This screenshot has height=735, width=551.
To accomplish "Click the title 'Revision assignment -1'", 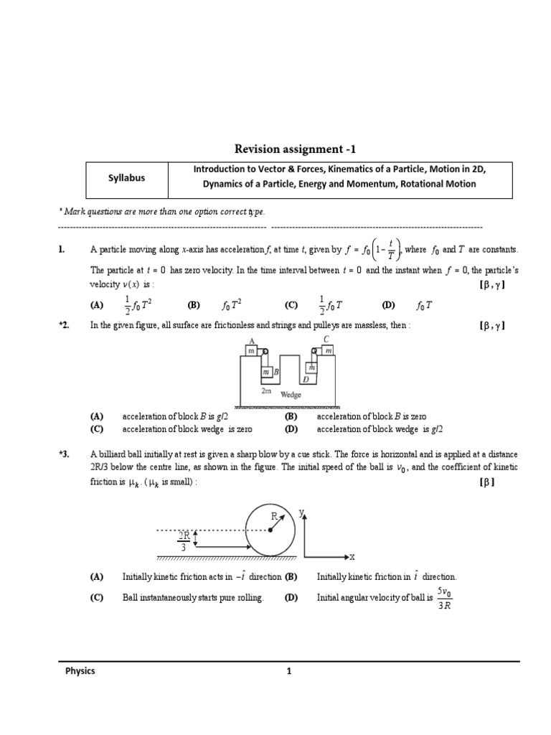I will pyautogui.click(x=295, y=149).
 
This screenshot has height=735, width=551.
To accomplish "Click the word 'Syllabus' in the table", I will pyautogui.click(x=126, y=178).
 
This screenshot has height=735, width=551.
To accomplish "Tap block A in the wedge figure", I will pyautogui.click(x=251, y=350).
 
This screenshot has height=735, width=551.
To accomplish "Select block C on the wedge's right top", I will pyautogui.click(x=326, y=350).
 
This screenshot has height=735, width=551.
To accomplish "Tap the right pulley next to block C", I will pyautogui.click(x=314, y=351).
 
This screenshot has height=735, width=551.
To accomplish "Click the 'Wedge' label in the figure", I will pyautogui.click(x=291, y=394).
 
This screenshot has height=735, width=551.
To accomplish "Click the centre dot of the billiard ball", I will pyautogui.click(x=270, y=531).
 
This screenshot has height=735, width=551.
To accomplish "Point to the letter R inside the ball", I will pyautogui.click(x=273, y=516).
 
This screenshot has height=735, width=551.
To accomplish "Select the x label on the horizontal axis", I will pyautogui.click(x=352, y=556).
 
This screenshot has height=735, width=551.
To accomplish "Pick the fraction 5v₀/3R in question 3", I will pyautogui.click(x=444, y=599).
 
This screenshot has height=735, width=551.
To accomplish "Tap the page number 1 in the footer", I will pyautogui.click(x=288, y=672).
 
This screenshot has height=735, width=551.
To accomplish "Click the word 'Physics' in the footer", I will pyautogui.click(x=80, y=672).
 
